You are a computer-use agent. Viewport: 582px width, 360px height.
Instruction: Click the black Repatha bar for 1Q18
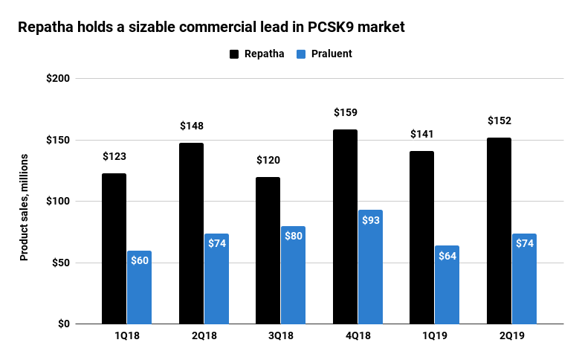(114, 248)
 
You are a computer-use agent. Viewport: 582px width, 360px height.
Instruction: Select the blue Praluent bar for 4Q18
(369, 268)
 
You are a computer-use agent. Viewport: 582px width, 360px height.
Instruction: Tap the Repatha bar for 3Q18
(268, 251)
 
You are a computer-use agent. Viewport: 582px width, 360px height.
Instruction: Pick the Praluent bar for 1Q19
(447, 285)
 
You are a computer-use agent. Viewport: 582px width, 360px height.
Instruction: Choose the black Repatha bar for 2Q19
(499, 231)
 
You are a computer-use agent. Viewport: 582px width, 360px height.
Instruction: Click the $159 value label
(345, 113)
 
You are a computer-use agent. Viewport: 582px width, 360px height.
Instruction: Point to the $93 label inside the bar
(369, 220)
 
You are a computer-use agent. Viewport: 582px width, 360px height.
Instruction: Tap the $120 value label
(268, 161)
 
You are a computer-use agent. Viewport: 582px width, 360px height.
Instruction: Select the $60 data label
(139, 261)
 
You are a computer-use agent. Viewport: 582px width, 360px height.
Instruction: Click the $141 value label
(421, 135)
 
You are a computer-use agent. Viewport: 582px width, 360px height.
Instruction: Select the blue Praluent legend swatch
(301, 54)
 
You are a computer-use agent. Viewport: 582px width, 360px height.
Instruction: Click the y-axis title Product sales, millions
(24, 207)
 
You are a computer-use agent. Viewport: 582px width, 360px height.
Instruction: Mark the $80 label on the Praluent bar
(293, 237)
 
